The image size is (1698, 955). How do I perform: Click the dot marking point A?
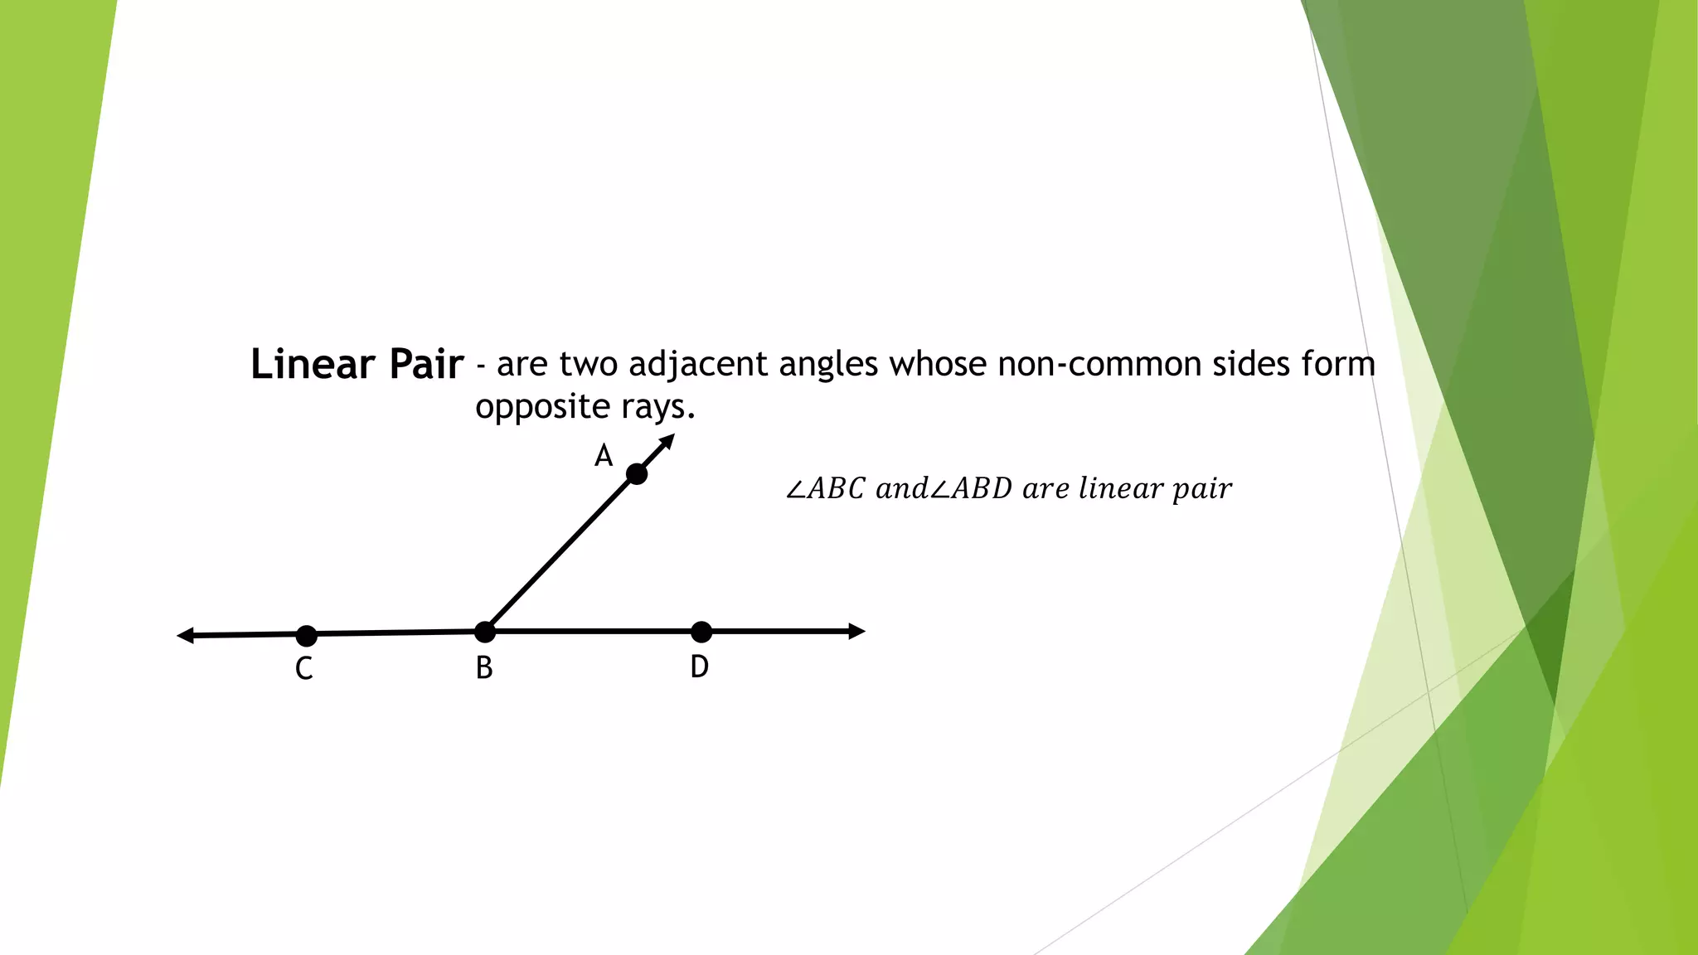(637, 474)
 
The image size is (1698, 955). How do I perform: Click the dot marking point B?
(485, 633)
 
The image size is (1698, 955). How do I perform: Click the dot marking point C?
(307, 636)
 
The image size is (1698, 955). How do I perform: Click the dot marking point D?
(701, 632)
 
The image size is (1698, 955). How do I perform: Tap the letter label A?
(604, 456)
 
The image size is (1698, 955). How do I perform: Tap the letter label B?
(484, 668)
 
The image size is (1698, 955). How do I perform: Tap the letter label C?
(304, 668)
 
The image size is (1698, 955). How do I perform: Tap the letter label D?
(700, 667)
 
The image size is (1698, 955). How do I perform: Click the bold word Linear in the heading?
(313, 364)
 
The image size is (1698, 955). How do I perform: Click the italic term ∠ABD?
(971, 489)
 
